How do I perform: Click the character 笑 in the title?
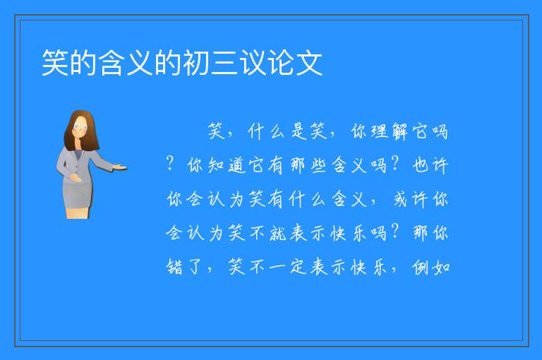point(55,63)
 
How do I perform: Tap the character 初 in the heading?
point(196,63)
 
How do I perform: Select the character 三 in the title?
point(224,63)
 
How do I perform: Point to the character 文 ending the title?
point(309,63)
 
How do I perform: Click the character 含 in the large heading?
point(112,63)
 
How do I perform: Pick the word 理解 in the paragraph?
point(390,131)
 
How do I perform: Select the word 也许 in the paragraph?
point(430,165)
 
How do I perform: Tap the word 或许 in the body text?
point(410,199)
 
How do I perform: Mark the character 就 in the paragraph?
point(277,233)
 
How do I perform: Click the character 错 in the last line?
point(174,267)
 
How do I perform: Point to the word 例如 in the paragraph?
point(430,267)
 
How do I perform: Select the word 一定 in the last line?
point(288,267)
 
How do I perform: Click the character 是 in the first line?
point(299,131)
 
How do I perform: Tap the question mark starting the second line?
point(169,162)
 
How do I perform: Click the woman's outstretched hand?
point(121,168)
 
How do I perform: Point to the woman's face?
point(80,126)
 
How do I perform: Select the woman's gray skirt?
point(78,195)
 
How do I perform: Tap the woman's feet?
point(78,213)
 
